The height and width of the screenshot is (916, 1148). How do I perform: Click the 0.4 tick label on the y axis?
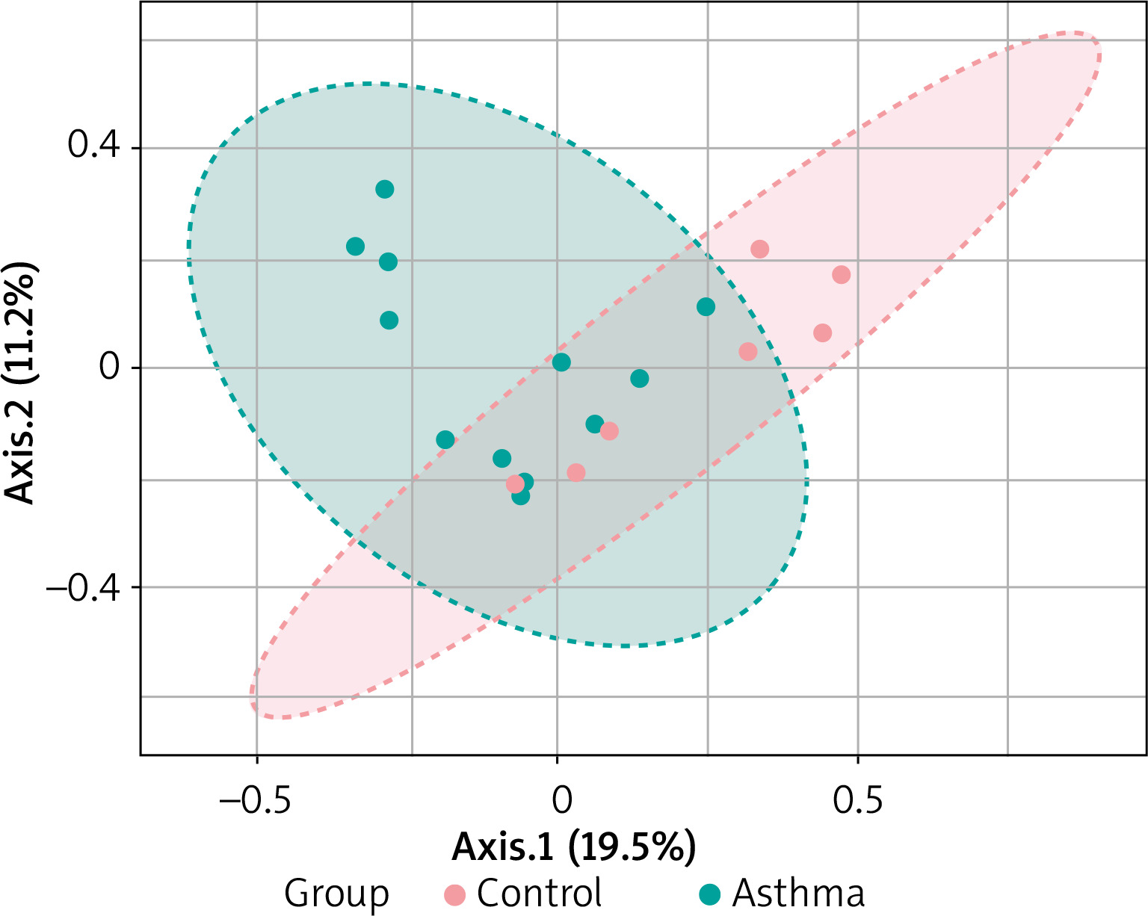tap(93, 146)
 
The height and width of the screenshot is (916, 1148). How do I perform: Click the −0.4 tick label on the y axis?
tap(81, 587)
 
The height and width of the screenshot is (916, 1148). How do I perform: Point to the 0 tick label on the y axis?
tap(110, 368)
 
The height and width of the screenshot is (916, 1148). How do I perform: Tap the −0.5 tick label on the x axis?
tap(256, 799)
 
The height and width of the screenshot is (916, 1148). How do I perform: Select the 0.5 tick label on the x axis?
tap(858, 799)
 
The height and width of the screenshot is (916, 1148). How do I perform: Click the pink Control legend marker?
tap(454, 894)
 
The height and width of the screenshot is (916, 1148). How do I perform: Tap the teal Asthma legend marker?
tap(710, 894)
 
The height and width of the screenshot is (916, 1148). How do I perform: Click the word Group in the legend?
tap(336, 894)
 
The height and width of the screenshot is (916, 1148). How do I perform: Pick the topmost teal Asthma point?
tap(384, 189)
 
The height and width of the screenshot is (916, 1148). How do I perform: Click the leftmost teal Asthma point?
tap(356, 247)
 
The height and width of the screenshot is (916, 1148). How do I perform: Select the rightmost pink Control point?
tap(841, 275)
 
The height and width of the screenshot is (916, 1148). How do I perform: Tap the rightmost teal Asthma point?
tap(706, 307)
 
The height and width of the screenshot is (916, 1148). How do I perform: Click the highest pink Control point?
tap(759, 249)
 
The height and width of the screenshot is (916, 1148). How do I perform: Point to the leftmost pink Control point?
tap(515, 484)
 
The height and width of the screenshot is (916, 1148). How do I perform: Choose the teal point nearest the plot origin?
tap(561, 362)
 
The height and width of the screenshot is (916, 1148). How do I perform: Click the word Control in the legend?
tap(540, 894)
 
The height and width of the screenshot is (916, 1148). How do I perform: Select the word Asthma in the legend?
tap(798, 894)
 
